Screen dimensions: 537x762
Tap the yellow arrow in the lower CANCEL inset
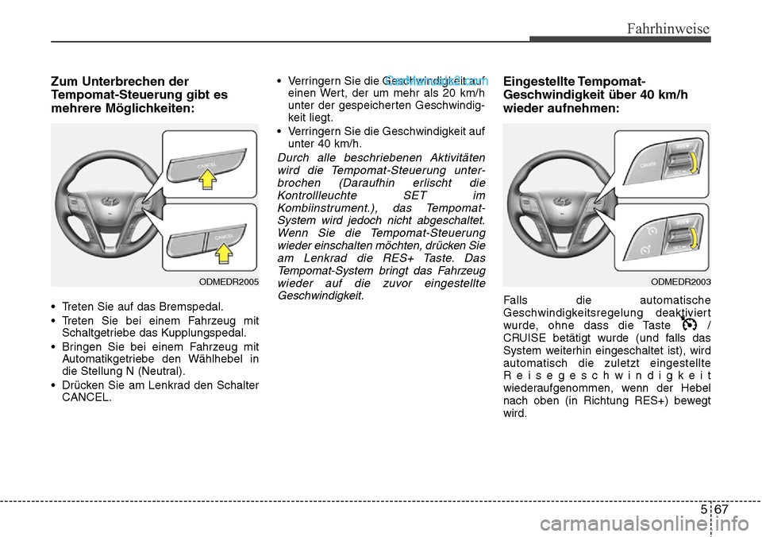[x=225, y=253]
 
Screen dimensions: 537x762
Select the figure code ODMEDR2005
[x=228, y=280]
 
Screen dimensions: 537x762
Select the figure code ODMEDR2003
[x=680, y=280]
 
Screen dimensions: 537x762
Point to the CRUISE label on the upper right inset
[x=648, y=165]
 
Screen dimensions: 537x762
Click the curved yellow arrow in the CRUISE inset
[x=693, y=164]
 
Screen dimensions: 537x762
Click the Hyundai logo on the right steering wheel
[x=561, y=201]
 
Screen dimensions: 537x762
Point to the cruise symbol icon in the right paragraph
[x=688, y=325]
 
